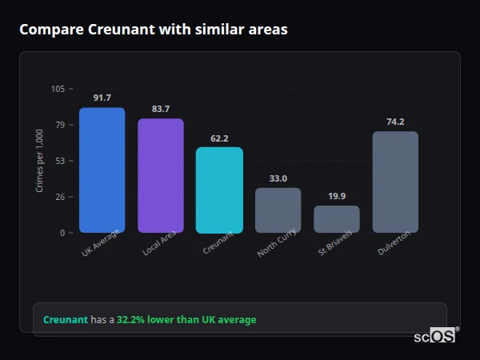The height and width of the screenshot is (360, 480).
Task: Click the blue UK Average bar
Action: (102, 170)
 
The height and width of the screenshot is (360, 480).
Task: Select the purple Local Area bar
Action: (161, 176)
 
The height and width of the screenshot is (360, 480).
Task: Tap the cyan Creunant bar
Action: (219, 190)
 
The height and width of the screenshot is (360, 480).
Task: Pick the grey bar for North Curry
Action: (278, 210)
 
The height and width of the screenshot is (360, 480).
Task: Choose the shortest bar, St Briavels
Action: (337, 219)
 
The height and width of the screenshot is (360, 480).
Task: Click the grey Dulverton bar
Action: (395, 182)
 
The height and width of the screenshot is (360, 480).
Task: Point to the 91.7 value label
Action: (102, 98)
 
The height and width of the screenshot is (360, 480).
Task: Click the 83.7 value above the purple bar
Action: (161, 109)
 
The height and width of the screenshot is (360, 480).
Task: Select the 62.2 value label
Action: (219, 138)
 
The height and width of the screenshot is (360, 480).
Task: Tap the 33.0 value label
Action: (278, 178)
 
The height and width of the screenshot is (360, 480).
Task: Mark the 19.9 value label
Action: (337, 196)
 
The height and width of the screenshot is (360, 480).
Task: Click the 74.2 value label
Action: (395, 122)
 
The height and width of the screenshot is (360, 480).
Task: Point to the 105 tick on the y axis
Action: (58, 89)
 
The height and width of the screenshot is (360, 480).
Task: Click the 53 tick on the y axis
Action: (60, 161)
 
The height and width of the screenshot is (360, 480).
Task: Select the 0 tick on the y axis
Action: (62, 233)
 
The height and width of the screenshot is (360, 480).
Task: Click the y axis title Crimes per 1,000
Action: (39, 161)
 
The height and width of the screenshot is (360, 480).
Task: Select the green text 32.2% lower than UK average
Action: (186, 320)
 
